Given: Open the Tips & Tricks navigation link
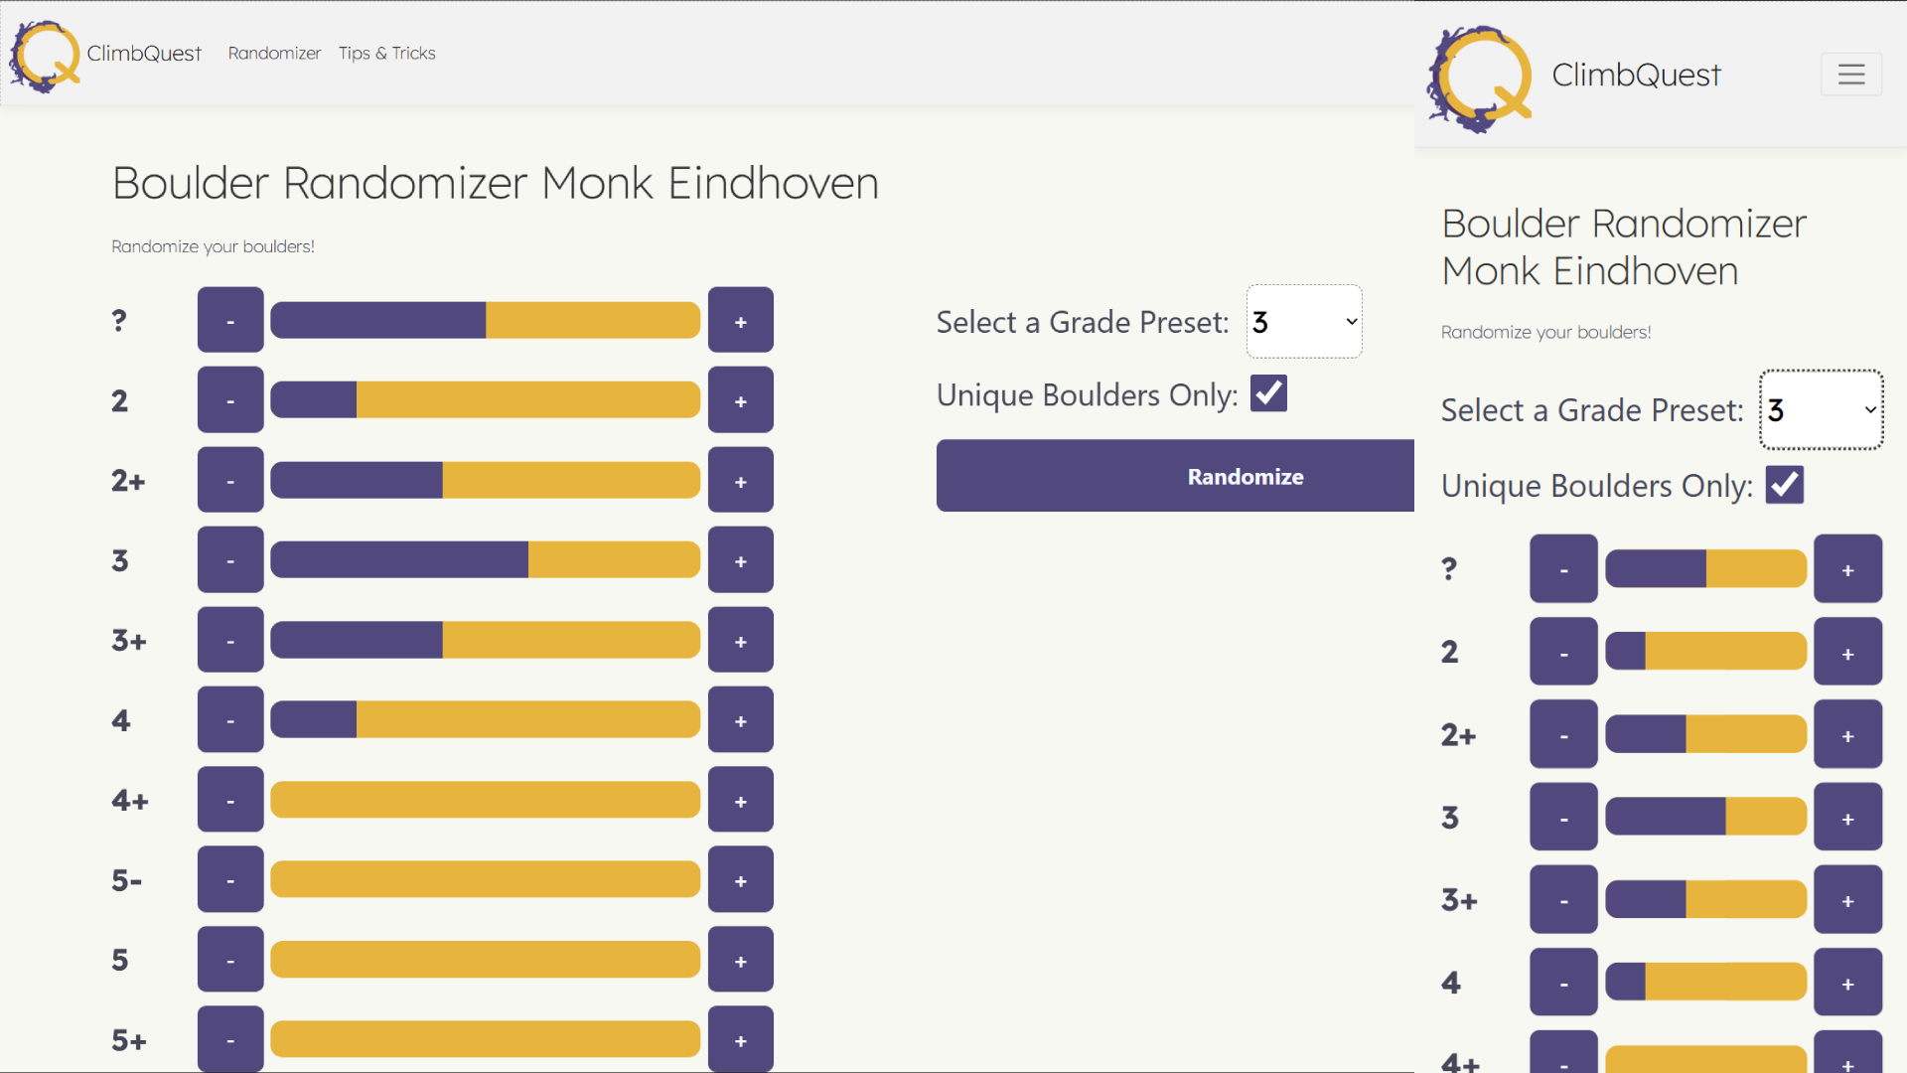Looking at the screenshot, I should pyautogui.click(x=386, y=54).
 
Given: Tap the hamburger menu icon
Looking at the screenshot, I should pyautogui.click(x=1850, y=75).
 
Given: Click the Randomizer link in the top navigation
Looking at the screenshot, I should pyautogui.click(x=274, y=54).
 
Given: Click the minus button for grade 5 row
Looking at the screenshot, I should pyautogui.click(x=230, y=960).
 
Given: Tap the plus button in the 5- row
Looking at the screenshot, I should pyautogui.click(x=740, y=880).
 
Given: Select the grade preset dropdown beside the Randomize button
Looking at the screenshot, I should pyautogui.click(x=1304, y=322).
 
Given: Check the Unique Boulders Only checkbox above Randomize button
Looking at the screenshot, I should pyautogui.click(x=1268, y=393).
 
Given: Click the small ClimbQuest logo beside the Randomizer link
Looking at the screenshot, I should pyautogui.click(x=45, y=56).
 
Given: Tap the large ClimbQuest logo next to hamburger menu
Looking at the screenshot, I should pyautogui.click(x=1480, y=78).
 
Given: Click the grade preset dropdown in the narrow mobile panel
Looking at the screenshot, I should pyautogui.click(x=1821, y=410).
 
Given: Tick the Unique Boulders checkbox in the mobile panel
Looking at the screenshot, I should pyautogui.click(x=1784, y=486).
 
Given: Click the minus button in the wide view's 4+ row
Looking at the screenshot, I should pyautogui.click(x=230, y=800).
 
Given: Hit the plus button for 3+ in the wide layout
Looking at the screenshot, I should pyautogui.click(x=740, y=641).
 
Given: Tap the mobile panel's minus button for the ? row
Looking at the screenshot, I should pyautogui.click(x=1563, y=569).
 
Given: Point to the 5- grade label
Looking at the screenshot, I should pyautogui.click(x=127, y=880).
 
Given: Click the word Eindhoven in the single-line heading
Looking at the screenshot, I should pyautogui.click(x=773, y=184).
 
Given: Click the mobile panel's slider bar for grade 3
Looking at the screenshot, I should pyautogui.click(x=1705, y=818).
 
